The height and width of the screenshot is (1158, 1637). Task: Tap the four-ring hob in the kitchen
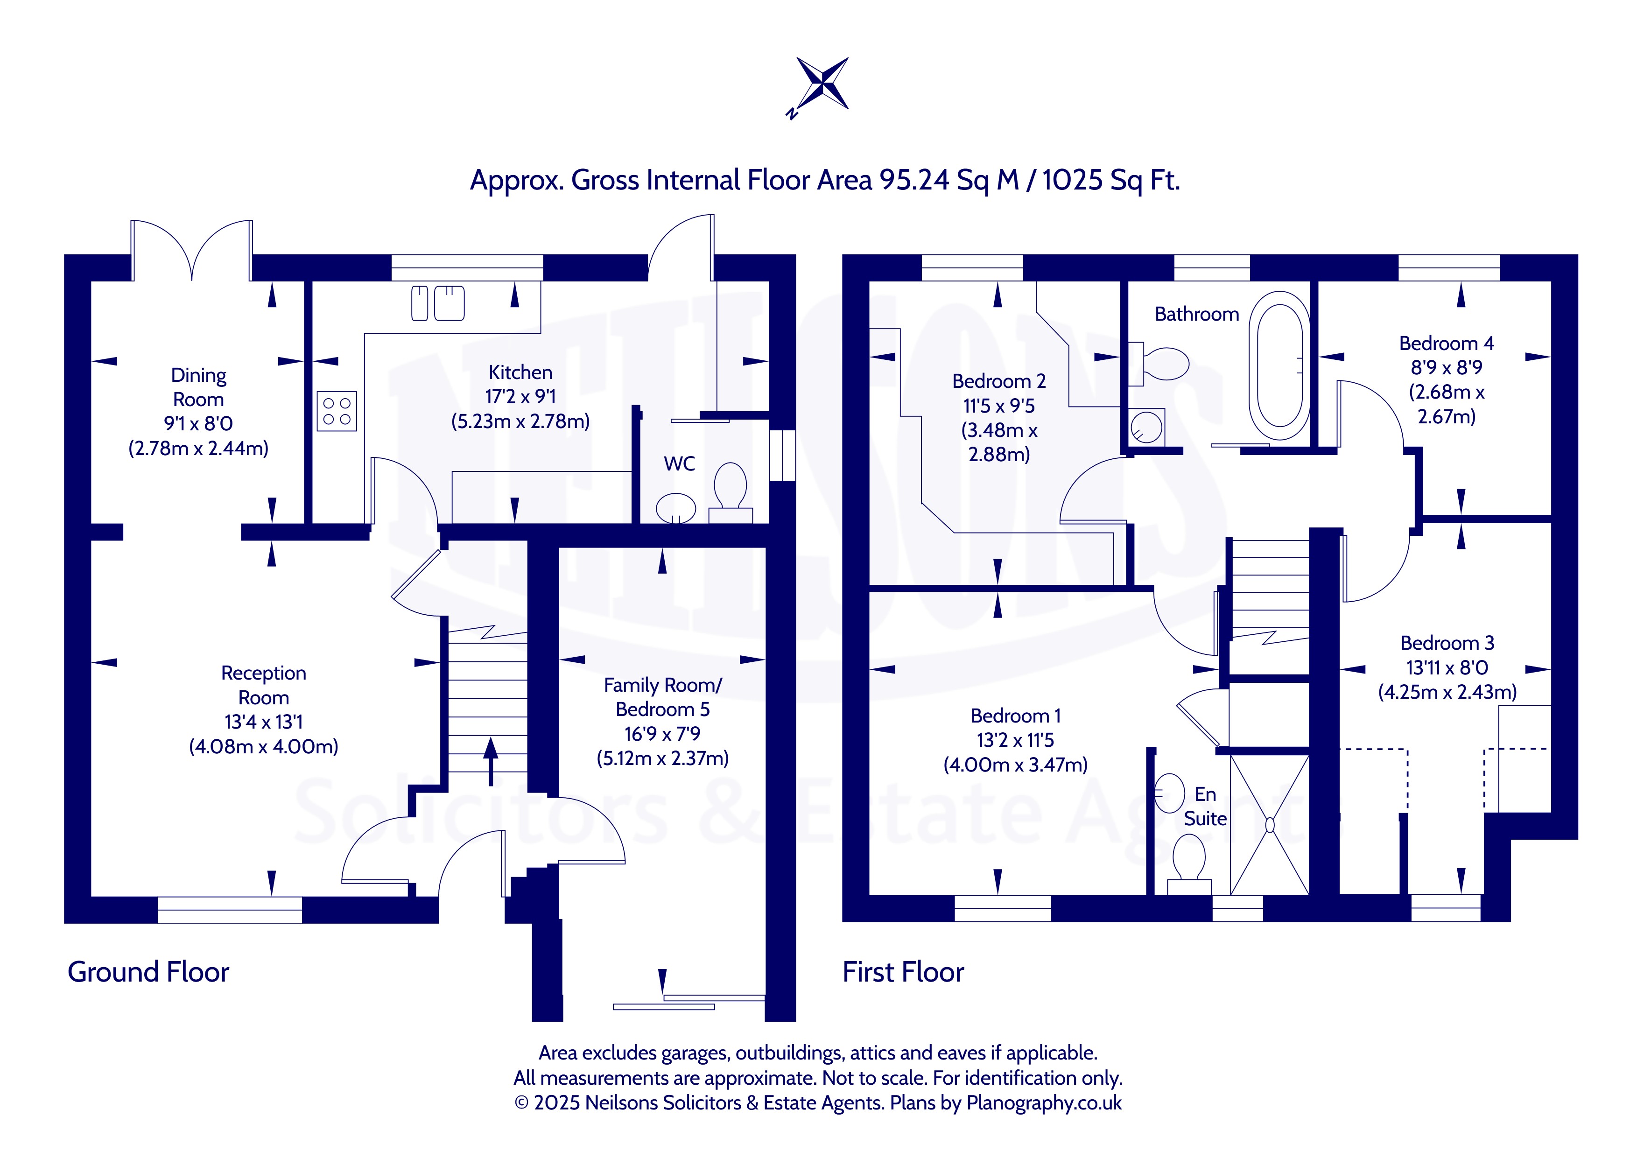pyautogui.click(x=337, y=411)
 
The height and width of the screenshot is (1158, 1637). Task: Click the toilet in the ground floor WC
pyautogui.click(x=730, y=492)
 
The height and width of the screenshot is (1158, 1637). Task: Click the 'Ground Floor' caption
pyautogui.click(x=148, y=972)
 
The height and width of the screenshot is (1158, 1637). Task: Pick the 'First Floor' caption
pyautogui.click(x=903, y=972)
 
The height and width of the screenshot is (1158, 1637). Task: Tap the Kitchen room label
pyautogui.click(x=520, y=372)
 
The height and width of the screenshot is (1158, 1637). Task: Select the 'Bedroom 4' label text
pyautogui.click(x=1447, y=344)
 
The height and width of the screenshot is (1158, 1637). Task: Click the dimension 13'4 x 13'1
pyautogui.click(x=264, y=723)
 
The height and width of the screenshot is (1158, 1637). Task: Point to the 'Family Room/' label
pyautogui.click(x=663, y=685)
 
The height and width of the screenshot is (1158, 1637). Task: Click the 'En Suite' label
pyautogui.click(x=1205, y=807)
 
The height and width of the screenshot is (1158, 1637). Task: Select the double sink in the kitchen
pyautogui.click(x=438, y=303)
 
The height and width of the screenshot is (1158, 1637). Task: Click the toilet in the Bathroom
pyautogui.click(x=1159, y=364)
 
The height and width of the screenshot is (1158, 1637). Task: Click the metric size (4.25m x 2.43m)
pyautogui.click(x=1447, y=692)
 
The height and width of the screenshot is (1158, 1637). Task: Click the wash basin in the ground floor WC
pyautogui.click(x=675, y=508)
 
